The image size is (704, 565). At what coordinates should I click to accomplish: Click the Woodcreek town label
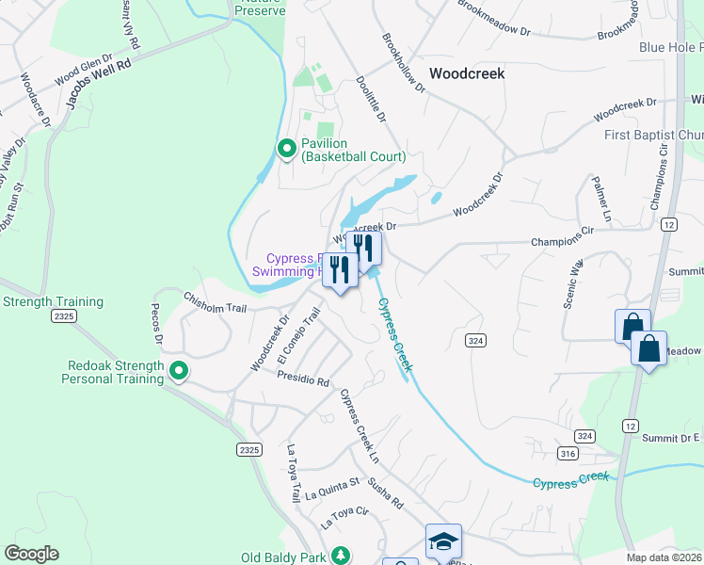467,73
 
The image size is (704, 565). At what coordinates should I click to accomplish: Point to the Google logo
31,554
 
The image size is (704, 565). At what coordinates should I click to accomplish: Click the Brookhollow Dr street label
404,64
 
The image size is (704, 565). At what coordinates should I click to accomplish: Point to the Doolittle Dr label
372,100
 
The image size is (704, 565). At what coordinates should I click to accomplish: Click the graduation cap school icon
443,541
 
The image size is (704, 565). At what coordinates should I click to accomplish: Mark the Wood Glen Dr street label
78,67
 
